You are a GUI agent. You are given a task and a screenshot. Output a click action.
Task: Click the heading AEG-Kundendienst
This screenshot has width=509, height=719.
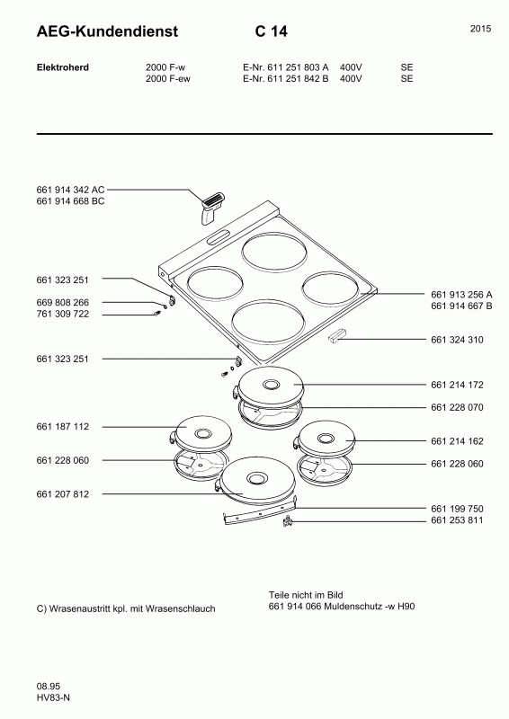click(x=107, y=31)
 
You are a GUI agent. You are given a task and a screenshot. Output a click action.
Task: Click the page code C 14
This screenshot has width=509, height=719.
click(x=272, y=31)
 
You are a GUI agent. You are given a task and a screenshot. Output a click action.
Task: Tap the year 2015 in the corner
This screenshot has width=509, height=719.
click(x=480, y=29)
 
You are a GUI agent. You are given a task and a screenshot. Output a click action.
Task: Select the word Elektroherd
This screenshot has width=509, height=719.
click(x=62, y=67)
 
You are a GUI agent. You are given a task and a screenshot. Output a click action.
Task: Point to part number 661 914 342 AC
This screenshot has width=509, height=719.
click(x=70, y=190)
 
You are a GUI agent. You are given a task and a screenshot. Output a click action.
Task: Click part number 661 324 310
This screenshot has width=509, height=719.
click(x=457, y=340)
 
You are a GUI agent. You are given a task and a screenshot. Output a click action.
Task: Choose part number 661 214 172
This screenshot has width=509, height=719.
click(x=457, y=385)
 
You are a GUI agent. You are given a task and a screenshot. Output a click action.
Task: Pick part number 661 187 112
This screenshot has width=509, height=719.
click(x=62, y=426)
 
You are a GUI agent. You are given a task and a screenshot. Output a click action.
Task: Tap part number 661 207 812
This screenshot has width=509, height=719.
click(x=62, y=493)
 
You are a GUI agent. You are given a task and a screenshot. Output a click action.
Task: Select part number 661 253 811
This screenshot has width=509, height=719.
click(x=457, y=520)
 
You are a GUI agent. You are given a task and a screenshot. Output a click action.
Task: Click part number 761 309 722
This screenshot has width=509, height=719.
click(x=62, y=314)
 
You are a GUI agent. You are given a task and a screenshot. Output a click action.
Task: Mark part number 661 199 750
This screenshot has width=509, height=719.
click(x=457, y=509)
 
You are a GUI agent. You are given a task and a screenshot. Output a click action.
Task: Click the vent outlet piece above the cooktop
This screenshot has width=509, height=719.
click(x=211, y=208)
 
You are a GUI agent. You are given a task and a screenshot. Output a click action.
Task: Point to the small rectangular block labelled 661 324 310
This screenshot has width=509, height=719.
click(x=338, y=335)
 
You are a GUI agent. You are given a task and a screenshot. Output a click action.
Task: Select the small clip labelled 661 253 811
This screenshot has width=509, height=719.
click(x=288, y=521)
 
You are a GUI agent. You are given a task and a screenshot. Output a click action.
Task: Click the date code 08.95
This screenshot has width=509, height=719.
click(x=49, y=687)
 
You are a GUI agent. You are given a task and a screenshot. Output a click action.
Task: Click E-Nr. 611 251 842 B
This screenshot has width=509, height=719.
click(x=285, y=78)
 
